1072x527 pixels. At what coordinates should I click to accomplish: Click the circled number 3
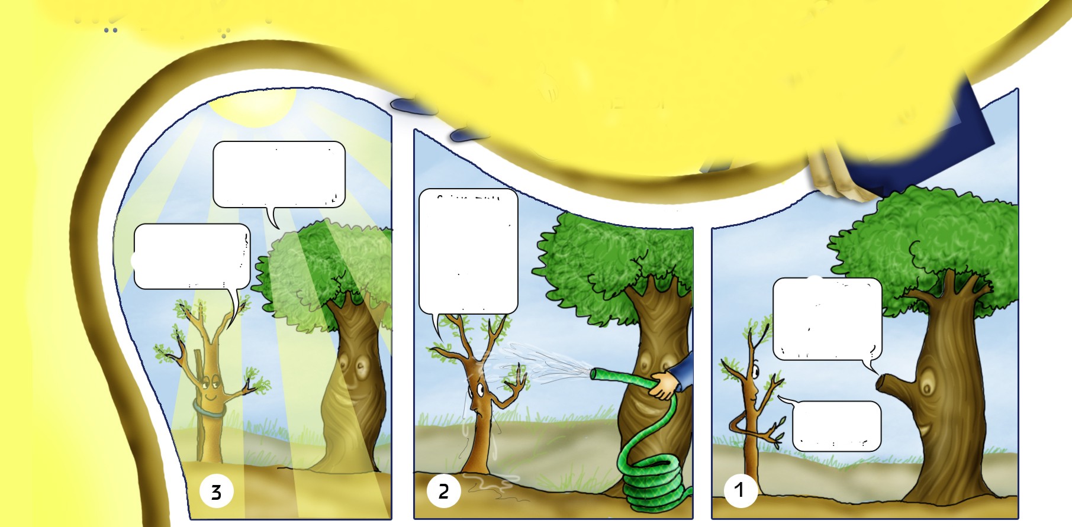(216, 492)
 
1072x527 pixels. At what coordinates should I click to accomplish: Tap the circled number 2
(443, 490)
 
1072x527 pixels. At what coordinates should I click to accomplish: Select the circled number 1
(741, 490)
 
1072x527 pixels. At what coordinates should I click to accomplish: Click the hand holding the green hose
(665, 385)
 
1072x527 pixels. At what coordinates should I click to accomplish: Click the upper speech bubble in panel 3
(279, 175)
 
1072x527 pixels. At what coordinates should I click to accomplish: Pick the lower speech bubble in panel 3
(192, 257)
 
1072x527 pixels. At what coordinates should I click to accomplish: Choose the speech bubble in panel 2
(468, 251)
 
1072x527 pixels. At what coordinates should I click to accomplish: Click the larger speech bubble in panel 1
(828, 319)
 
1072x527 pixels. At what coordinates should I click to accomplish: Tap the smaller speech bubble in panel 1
(836, 426)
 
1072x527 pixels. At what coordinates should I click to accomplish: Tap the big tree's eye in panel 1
(926, 387)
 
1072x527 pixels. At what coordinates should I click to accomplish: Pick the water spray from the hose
(536, 363)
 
